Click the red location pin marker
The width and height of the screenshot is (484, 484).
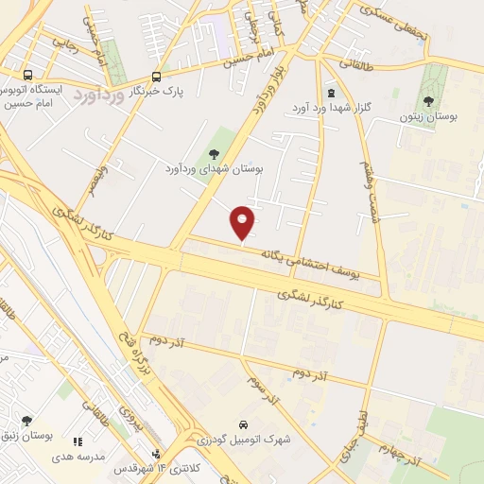[243, 222]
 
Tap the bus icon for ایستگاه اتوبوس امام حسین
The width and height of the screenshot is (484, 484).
[27, 76]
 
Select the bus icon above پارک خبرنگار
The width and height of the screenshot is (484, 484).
[156, 78]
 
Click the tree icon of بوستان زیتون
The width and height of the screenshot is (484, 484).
[430, 100]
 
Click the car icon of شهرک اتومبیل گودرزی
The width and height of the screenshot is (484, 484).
[244, 424]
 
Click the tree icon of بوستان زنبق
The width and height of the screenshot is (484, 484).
[25, 422]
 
